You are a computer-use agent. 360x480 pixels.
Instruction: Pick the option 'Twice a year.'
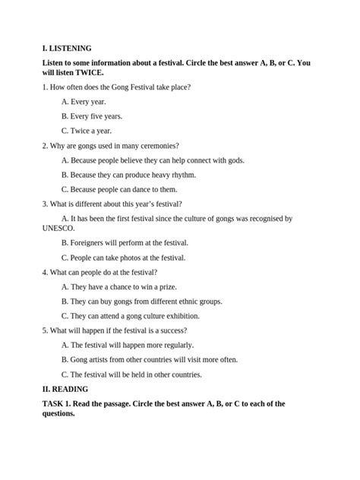86,131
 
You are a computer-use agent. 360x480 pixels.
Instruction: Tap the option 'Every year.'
84,102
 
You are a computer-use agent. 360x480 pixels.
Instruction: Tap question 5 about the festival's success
115,330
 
